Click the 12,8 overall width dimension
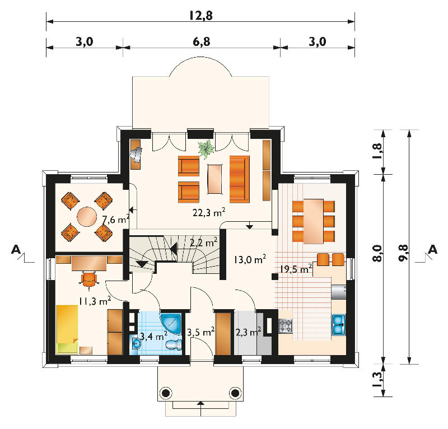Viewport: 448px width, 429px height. tap(201, 16)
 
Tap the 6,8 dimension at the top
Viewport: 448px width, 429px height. tap(202, 42)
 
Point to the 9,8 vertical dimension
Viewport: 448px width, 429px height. tap(403, 253)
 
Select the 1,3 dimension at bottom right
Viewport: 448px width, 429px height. tap(377, 379)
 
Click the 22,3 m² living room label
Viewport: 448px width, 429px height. tap(209, 212)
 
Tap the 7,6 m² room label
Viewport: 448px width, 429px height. tap(116, 220)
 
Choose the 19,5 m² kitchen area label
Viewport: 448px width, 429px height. tap(296, 269)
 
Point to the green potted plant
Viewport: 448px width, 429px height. tap(206, 149)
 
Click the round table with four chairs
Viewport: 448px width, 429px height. tap(87, 217)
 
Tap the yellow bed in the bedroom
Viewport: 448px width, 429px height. tap(67, 329)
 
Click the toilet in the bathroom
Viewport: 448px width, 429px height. tap(174, 344)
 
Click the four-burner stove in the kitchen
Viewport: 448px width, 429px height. tap(286, 326)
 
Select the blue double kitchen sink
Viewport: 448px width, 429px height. tap(339, 325)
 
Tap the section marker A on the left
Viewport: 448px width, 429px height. tap(16, 250)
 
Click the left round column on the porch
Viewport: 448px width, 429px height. tap(165, 393)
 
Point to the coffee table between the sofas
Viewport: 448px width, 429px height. tap(215, 179)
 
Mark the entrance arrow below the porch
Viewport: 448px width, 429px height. tap(201, 409)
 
